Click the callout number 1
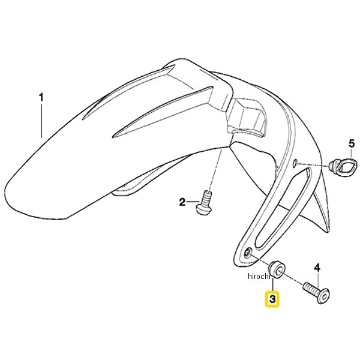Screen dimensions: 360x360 click(41, 98)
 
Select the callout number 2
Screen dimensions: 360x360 click(182, 202)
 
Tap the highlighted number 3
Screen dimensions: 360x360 click(272, 299)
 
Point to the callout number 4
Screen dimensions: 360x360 click(317, 268)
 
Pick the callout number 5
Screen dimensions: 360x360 click(352, 144)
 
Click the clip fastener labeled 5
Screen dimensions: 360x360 click(343, 166)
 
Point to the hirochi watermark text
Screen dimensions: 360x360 click(258, 276)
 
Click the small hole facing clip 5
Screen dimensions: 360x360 click(295, 163)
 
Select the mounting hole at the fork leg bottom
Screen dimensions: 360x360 click(248, 253)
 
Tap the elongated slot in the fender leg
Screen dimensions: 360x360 click(282, 209)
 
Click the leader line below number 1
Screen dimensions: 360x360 click(41, 121)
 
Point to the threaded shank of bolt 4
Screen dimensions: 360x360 click(311, 289)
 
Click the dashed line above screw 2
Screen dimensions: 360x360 click(216, 170)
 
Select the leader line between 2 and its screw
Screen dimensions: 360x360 click(193, 202)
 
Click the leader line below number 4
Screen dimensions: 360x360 click(318, 280)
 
